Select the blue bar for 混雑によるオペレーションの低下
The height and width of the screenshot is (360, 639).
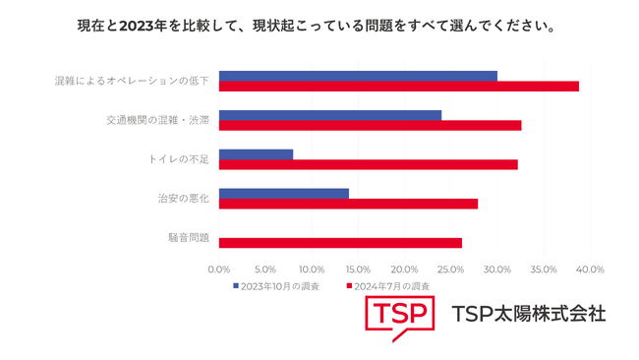[358, 76]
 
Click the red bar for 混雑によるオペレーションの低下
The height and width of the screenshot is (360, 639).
[398, 87]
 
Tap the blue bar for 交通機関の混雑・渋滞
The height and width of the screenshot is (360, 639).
[330, 115]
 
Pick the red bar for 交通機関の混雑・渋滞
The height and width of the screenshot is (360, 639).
[370, 125]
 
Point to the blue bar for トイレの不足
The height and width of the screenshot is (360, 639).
[256, 154]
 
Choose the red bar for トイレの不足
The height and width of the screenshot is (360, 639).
[368, 164]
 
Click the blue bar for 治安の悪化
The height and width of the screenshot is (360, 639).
[283, 193]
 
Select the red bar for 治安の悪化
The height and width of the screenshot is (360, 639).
[348, 204]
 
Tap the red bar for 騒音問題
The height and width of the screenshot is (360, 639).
[340, 242]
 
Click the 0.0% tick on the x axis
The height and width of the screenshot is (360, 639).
[219, 270]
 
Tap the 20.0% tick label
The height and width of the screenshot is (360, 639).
[404, 270]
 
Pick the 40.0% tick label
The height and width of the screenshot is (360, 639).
[589, 270]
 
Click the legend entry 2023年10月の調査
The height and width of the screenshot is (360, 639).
[279, 285]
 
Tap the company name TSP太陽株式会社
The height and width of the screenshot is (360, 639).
[528, 315]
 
